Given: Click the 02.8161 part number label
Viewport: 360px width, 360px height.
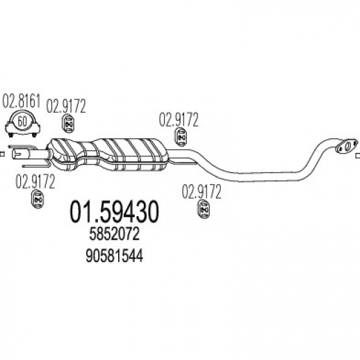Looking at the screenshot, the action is tap(22, 101).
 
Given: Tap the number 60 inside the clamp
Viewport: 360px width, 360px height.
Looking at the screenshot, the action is tap(22, 121).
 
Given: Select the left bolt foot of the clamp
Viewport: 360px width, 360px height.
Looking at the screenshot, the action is tap(10, 135).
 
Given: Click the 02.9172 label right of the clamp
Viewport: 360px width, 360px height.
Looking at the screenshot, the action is tap(66, 106).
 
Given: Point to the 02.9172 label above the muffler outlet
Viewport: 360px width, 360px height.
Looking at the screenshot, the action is tap(179, 120).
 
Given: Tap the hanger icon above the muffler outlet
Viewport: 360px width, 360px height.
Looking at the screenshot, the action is tap(181, 138).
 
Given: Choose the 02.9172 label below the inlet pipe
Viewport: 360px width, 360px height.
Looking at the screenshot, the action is tap(35, 181).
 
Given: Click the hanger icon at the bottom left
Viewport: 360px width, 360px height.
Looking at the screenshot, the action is tap(38, 199).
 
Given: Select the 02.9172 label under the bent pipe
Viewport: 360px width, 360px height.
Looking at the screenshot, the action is tap(202, 192).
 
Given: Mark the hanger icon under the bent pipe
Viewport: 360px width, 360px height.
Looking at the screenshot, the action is tap(204, 210).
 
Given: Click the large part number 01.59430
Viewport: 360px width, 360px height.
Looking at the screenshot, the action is tap(115, 212).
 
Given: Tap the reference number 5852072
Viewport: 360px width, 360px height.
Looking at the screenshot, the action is tap(115, 234).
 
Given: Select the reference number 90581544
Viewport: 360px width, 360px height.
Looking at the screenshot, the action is tap(115, 256).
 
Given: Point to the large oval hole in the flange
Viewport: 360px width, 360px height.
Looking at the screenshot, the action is tap(347, 146).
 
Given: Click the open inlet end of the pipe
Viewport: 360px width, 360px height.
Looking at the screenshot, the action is tap(15, 154).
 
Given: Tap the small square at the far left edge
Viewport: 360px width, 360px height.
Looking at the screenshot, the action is tap(2, 154).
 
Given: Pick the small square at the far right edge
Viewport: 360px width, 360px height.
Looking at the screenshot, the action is tap(358, 156).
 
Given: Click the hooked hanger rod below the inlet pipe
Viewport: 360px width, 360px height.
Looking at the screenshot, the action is tap(36, 165).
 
